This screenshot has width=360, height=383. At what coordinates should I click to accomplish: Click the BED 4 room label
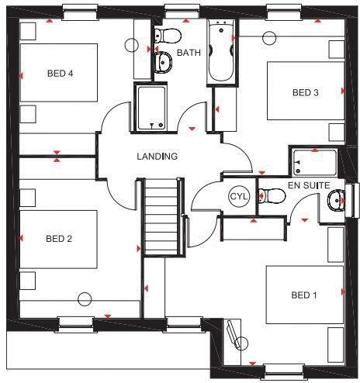tap(60, 74)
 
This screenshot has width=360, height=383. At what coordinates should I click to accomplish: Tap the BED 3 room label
tap(305, 92)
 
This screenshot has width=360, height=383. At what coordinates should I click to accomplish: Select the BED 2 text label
tap(58, 238)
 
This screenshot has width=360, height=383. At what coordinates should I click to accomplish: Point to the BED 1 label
tap(304, 295)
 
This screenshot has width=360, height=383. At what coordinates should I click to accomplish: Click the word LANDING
tap(157, 156)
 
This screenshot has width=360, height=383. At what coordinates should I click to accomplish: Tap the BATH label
tap(189, 53)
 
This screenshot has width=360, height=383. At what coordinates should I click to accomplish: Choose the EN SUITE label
tap(309, 186)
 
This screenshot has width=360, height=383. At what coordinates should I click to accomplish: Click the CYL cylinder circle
tap(237, 197)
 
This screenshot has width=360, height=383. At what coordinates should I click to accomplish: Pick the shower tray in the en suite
tap(313, 162)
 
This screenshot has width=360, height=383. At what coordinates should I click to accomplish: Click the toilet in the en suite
tap(271, 195)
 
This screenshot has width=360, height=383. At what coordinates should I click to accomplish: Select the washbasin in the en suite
tap(336, 201)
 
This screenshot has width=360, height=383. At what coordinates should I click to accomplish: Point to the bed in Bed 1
tap(305, 295)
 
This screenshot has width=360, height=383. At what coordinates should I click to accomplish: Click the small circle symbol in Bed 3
tap(270, 36)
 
